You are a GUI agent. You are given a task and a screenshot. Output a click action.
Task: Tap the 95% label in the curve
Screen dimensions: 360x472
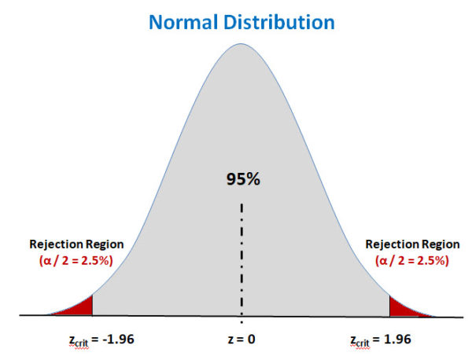pos(241,179)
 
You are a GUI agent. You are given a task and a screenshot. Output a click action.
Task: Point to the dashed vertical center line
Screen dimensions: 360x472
pos(242,259)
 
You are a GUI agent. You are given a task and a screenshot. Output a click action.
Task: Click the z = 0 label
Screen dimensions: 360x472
pos(241,340)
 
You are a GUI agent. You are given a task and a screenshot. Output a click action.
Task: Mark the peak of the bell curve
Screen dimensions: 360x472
pos(241,45)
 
